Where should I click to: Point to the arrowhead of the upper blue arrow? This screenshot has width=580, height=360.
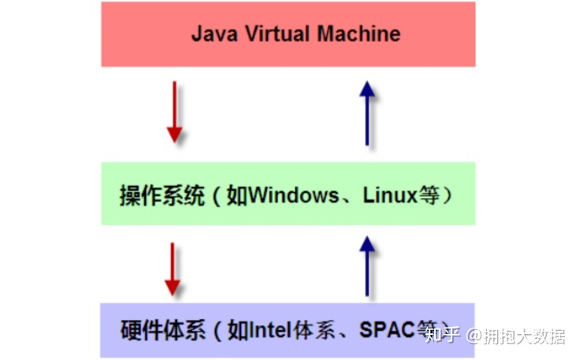366,88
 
